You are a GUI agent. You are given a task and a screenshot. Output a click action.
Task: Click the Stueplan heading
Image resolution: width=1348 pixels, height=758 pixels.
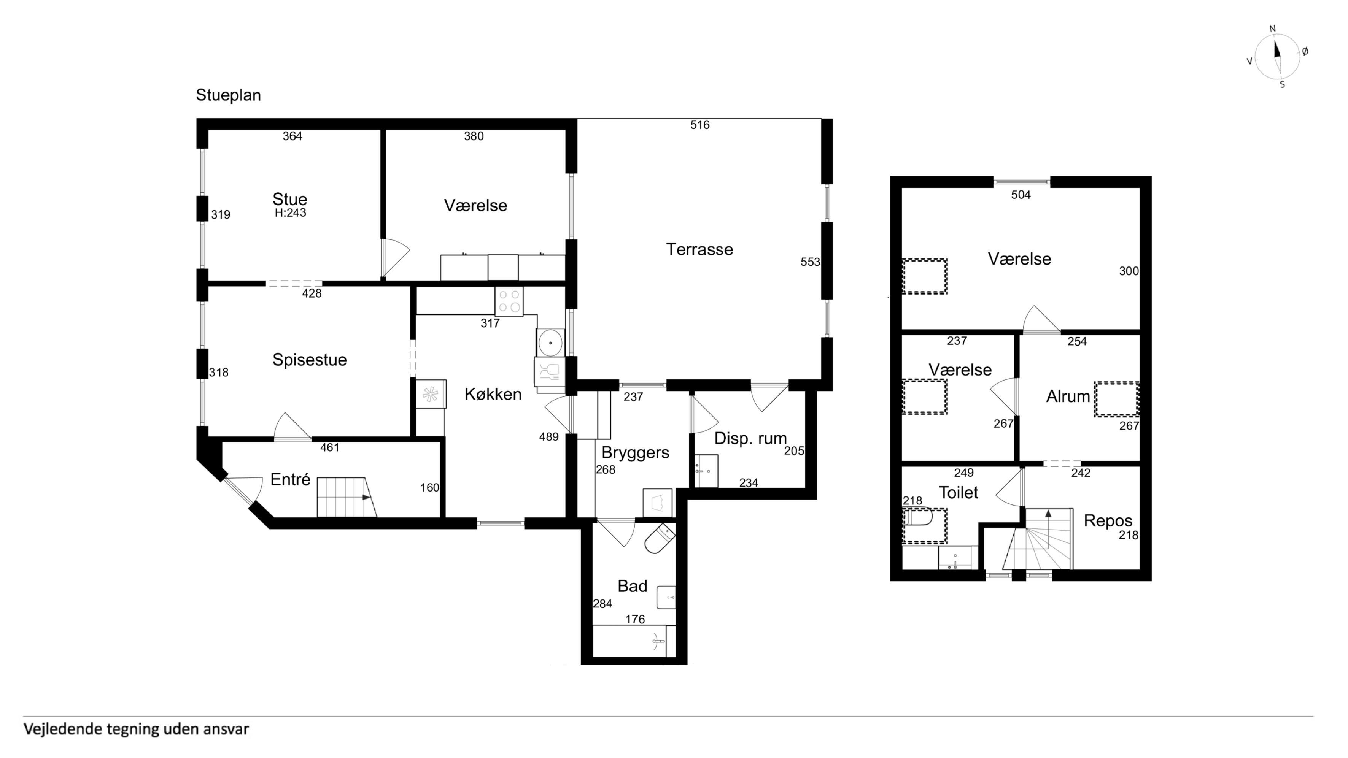(x=228, y=95)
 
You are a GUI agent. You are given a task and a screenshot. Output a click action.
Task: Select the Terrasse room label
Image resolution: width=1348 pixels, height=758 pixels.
(x=699, y=249)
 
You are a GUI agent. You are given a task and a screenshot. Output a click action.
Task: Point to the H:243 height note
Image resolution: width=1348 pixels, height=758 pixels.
(x=291, y=213)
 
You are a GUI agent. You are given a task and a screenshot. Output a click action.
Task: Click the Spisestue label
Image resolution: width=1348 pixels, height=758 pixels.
(x=309, y=360)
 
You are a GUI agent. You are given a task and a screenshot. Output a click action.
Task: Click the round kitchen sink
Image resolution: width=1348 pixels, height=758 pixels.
(x=550, y=343)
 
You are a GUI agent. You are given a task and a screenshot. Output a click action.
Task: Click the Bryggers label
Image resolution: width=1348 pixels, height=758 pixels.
(x=635, y=452)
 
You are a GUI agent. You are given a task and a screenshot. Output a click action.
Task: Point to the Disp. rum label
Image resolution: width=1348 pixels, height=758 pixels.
(x=750, y=438)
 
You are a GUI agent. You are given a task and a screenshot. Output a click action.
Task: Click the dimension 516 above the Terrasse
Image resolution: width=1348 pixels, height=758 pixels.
(x=699, y=125)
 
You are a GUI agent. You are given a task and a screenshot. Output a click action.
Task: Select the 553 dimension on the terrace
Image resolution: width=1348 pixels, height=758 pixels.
(x=810, y=262)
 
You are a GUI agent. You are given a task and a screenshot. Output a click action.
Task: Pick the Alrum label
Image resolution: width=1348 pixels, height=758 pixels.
(x=1068, y=396)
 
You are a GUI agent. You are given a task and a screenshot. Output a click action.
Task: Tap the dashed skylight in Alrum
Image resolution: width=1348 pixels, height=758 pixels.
(x=1117, y=399)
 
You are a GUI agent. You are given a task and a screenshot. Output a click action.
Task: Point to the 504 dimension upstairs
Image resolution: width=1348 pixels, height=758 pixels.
(x=1021, y=195)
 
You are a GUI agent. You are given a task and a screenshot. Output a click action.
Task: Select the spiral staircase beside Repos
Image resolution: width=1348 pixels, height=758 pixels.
(x=1039, y=539)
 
